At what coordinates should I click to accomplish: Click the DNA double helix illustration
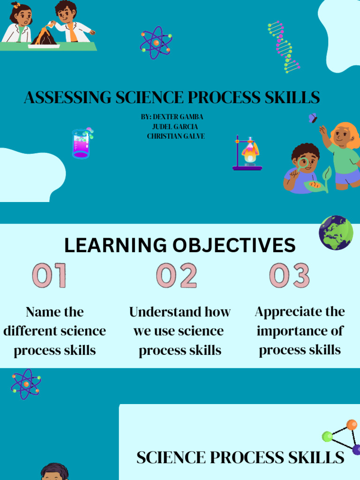284,46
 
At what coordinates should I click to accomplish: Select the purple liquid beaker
81,144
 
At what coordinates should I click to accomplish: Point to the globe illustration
336,232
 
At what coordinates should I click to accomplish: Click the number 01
49,275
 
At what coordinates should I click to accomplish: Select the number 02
176,275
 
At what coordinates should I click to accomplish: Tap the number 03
289,275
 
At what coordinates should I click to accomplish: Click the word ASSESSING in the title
68,98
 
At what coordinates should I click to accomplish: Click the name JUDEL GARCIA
175,127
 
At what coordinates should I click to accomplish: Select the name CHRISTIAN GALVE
176,136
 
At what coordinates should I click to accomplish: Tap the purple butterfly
313,118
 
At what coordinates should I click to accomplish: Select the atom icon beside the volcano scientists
156,43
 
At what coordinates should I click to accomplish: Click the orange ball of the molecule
352,425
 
